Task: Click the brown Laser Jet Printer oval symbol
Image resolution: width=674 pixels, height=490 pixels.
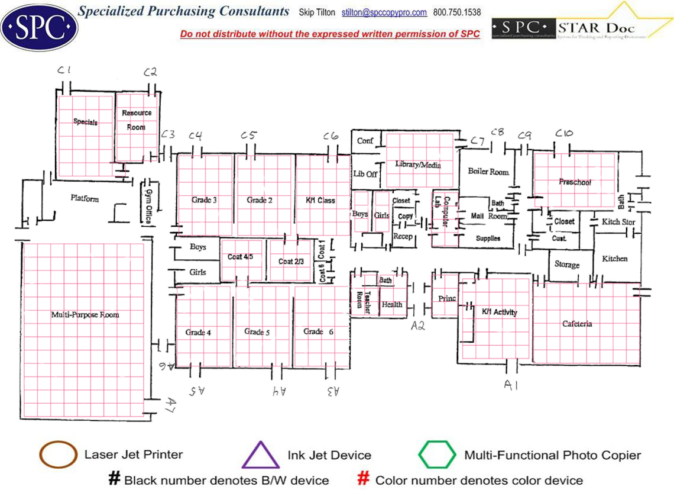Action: click(x=58, y=455)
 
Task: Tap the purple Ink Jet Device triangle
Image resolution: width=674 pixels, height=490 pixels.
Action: click(x=261, y=456)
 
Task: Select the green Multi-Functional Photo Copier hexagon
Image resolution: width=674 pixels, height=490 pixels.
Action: click(x=437, y=455)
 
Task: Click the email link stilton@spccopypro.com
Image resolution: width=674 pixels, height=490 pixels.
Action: click(x=384, y=12)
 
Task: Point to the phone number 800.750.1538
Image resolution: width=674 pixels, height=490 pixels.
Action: click(x=457, y=12)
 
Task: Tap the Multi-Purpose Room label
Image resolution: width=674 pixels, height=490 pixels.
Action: click(x=85, y=314)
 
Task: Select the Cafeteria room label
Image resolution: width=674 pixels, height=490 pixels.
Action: click(x=577, y=324)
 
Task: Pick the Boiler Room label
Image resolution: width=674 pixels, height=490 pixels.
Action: click(x=488, y=172)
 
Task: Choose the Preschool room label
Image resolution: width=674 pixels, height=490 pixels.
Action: click(x=575, y=182)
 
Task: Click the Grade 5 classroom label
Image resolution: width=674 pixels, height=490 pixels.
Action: click(x=257, y=332)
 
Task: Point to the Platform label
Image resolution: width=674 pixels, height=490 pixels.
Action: click(x=85, y=198)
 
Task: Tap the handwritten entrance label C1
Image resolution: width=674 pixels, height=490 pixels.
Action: click(x=64, y=70)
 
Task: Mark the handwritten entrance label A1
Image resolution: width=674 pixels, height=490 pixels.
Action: click(x=511, y=385)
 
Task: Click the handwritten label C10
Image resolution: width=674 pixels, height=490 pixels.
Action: click(x=563, y=134)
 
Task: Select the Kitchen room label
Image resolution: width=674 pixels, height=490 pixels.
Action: click(x=614, y=259)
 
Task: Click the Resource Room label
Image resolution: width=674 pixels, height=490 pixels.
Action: click(x=137, y=120)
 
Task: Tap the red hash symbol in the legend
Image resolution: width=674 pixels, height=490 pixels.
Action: click(x=364, y=479)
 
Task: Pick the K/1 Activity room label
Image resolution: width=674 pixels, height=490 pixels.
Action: click(x=500, y=312)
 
